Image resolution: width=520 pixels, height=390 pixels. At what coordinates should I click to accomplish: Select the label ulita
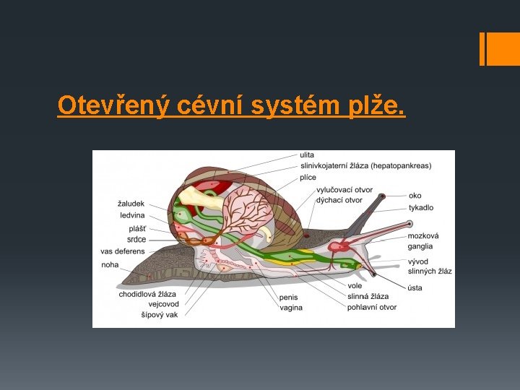click(x=308, y=155)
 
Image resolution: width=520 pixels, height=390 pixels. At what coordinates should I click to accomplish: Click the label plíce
click(x=308, y=177)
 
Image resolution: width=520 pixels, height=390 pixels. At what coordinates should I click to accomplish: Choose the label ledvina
click(x=132, y=215)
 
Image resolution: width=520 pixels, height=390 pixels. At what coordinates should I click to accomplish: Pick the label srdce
click(x=136, y=239)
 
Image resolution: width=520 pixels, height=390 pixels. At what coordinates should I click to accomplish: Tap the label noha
click(x=110, y=265)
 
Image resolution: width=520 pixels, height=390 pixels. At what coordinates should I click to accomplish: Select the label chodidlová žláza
click(x=147, y=294)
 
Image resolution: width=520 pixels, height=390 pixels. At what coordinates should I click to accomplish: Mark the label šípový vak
click(x=160, y=315)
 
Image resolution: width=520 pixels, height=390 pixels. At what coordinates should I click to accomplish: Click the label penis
click(x=288, y=297)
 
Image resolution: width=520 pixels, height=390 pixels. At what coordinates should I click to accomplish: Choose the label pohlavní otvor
click(x=372, y=307)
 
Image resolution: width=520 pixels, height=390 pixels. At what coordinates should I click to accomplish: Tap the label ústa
click(x=415, y=288)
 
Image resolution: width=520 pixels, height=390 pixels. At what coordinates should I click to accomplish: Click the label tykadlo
click(x=421, y=207)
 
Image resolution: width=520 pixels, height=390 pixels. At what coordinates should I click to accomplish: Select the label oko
click(x=415, y=196)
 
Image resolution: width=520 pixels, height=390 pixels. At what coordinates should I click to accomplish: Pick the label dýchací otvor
click(x=339, y=200)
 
